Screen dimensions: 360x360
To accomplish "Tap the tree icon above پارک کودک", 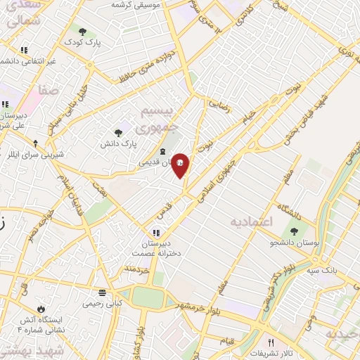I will [83, 32].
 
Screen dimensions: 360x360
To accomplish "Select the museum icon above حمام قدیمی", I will [163, 152].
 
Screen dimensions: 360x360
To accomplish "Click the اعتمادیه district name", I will [250, 221].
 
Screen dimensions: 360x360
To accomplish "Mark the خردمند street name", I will [138, 269].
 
